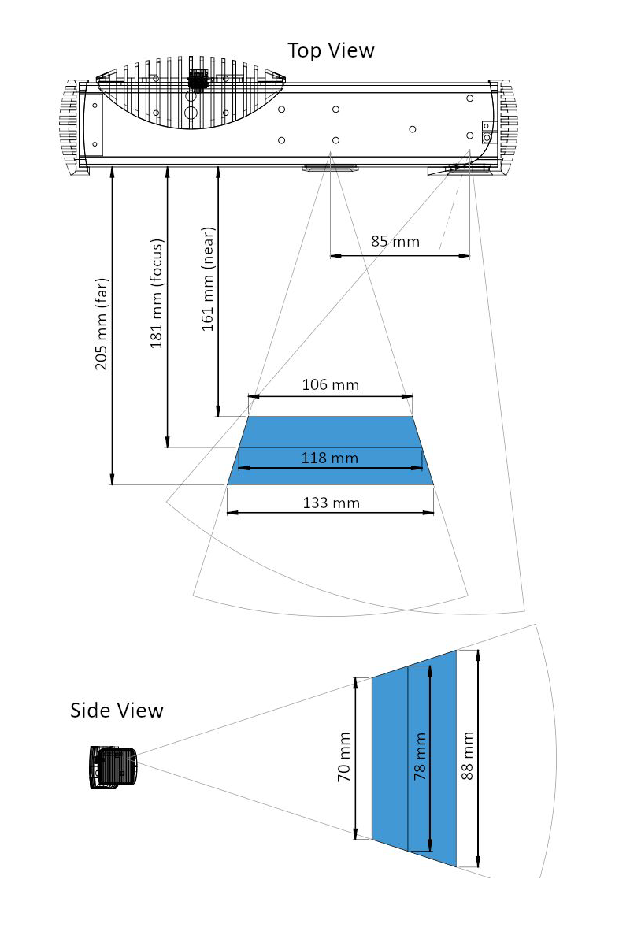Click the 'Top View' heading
click(x=331, y=50)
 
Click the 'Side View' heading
click(x=117, y=711)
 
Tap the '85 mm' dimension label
click(x=395, y=242)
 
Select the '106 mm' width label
click(x=331, y=384)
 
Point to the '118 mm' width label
click(x=330, y=458)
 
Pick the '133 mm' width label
click(x=332, y=503)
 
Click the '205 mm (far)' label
click(x=102, y=324)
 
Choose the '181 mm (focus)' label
click(x=156, y=293)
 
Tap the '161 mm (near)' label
click(x=207, y=279)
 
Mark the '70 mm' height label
click(x=344, y=757)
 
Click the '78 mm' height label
click(x=421, y=757)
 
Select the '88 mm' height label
click(x=467, y=756)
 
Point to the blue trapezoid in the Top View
click(x=331, y=451)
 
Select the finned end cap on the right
click(x=504, y=126)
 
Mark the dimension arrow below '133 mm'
click(x=330, y=512)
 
